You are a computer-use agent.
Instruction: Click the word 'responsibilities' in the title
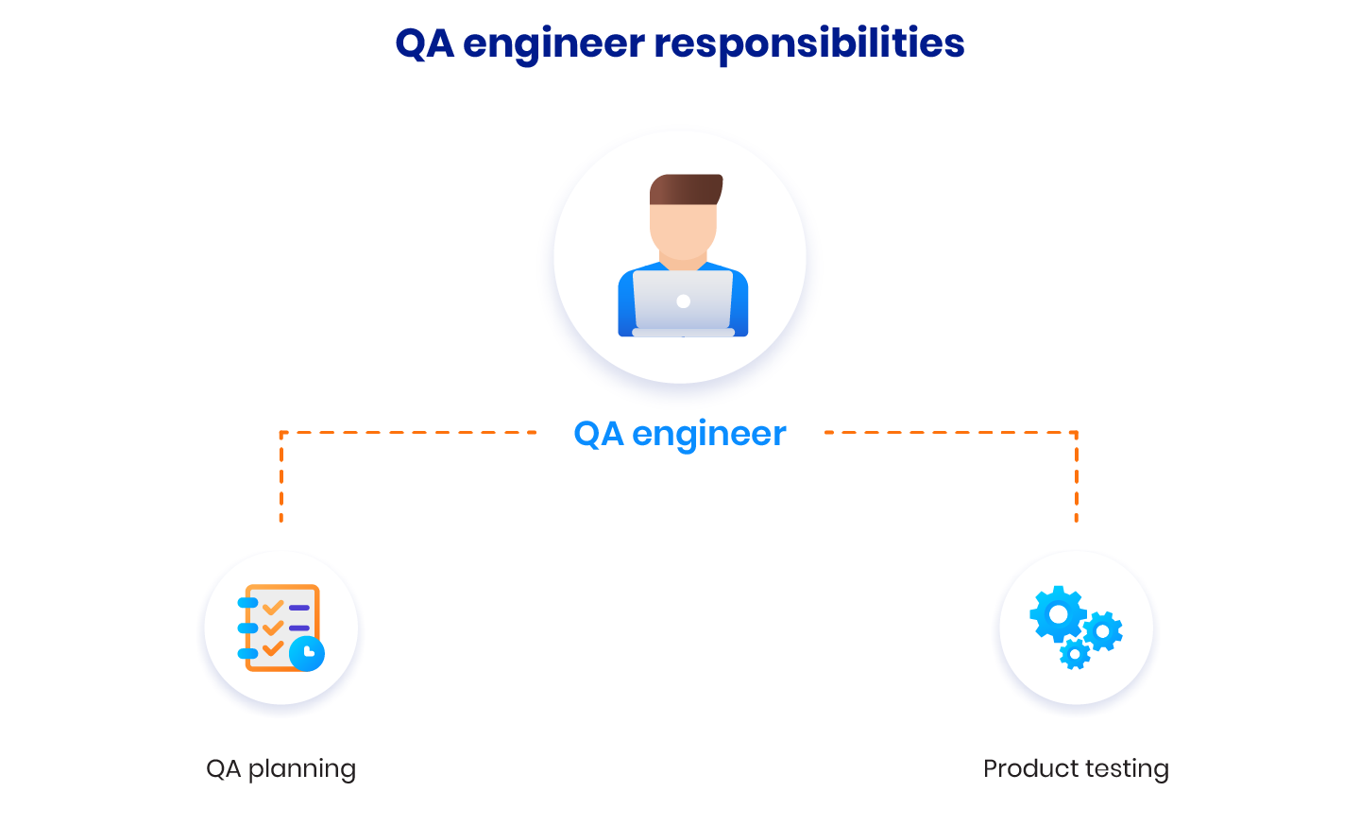[808, 43]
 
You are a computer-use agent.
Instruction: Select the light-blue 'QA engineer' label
[679, 434]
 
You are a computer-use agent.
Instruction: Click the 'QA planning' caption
[281, 769]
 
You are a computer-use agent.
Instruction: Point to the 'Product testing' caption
[1076, 769]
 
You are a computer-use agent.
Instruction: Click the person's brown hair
[686, 190]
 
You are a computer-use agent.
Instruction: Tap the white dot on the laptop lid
[683, 301]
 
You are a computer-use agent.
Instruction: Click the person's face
[683, 231]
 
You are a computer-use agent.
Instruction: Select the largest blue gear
[1058, 614]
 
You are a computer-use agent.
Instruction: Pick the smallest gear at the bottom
[1075, 654]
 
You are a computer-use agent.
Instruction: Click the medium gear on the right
[1103, 631]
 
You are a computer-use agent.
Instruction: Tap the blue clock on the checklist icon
[307, 653]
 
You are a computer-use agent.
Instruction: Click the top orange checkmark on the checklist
[273, 606]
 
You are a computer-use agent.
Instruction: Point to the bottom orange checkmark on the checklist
[273, 648]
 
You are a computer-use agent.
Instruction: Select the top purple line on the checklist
[299, 608]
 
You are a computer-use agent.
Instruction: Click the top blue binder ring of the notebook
[247, 603]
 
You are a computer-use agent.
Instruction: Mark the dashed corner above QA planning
[281, 433]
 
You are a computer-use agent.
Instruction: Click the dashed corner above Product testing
[1077, 433]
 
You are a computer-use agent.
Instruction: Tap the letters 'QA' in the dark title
[424, 43]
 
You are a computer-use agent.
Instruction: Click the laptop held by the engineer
[683, 303]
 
